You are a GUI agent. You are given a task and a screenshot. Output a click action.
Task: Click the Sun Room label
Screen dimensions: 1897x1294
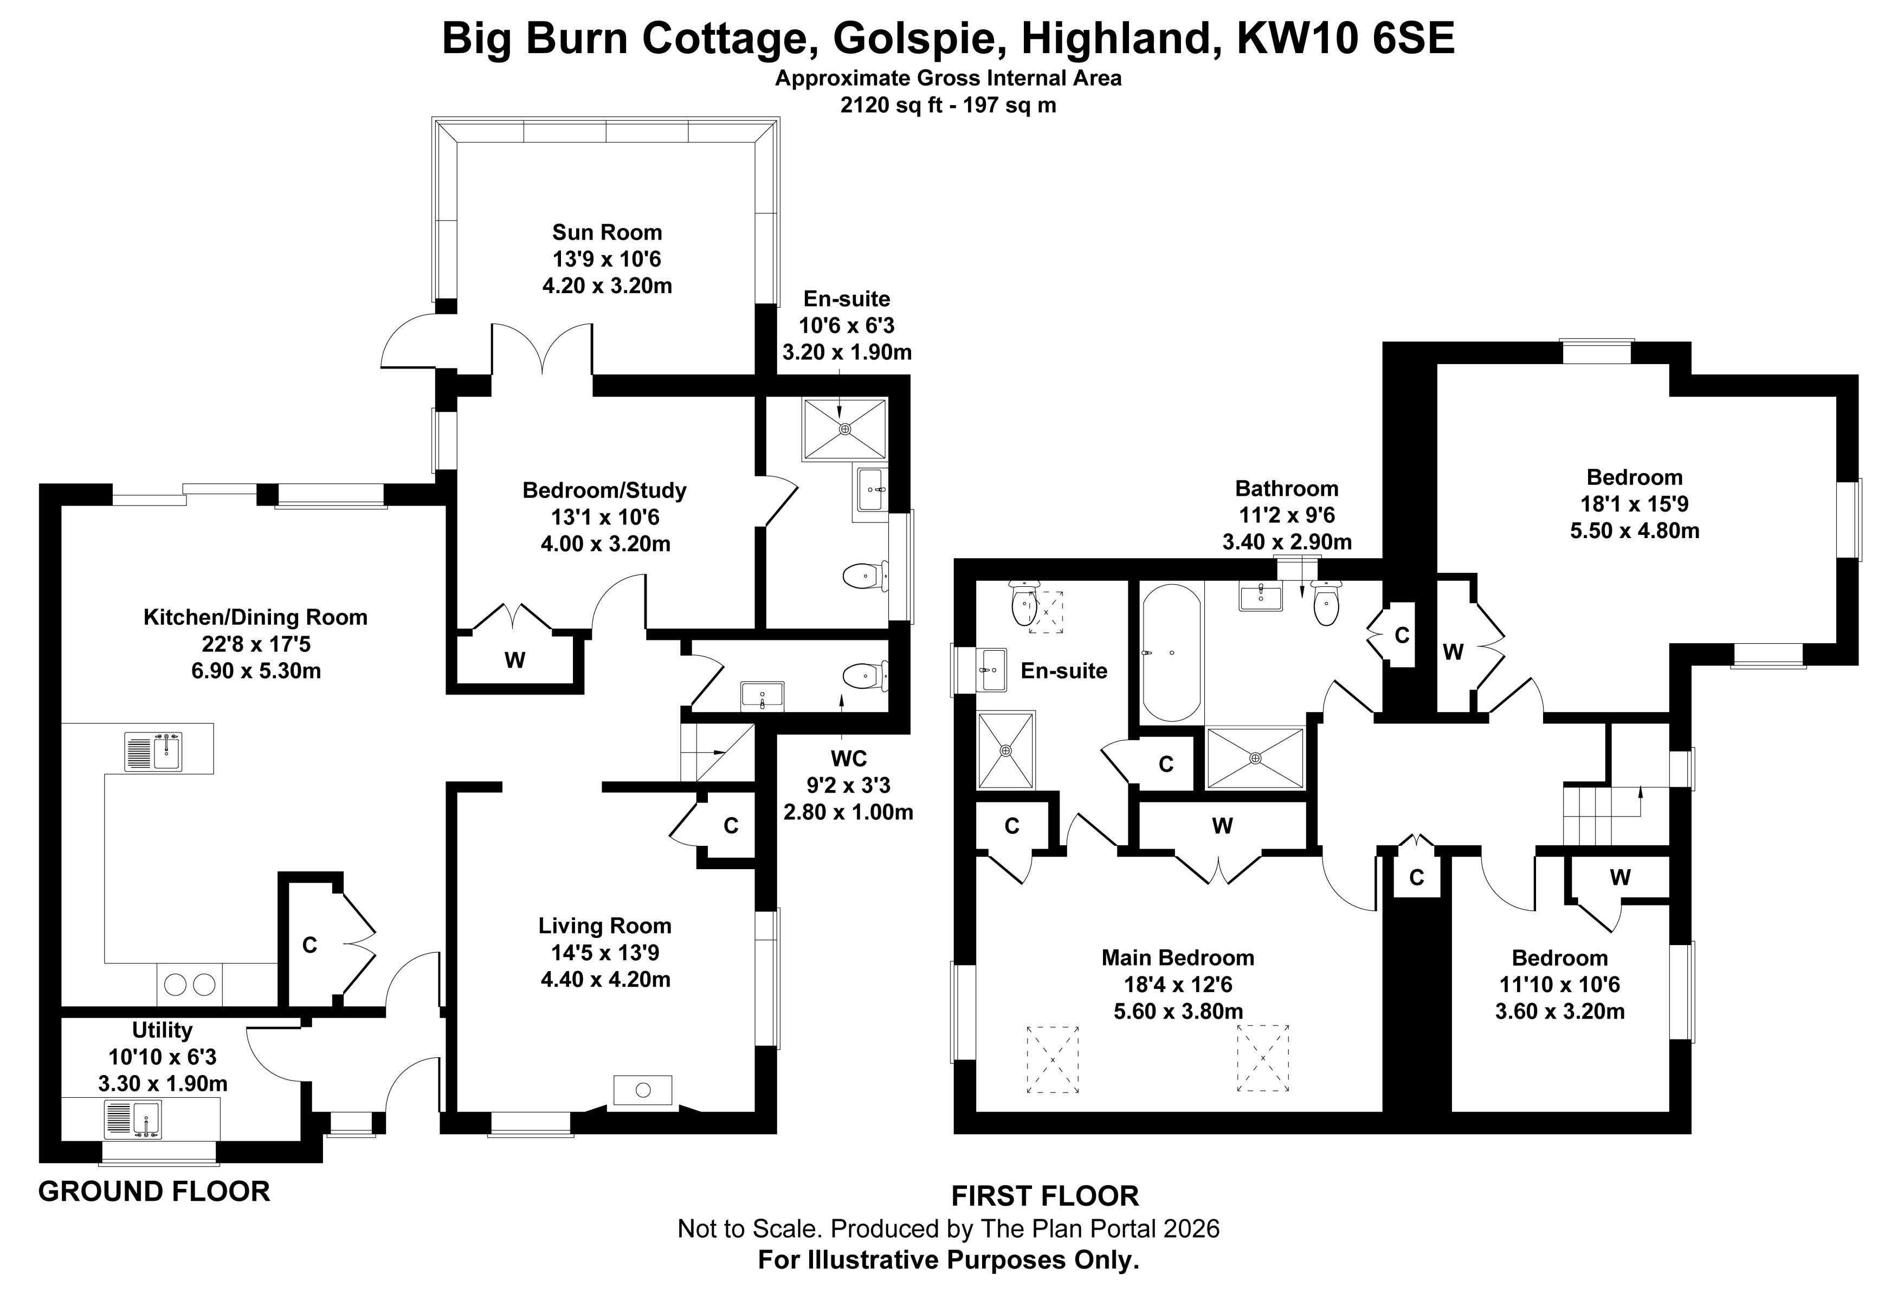(x=606, y=232)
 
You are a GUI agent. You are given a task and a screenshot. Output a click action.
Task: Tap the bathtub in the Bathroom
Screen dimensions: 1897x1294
(x=1171, y=653)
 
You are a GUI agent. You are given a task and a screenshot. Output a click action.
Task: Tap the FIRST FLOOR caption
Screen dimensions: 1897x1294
(x=1045, y=1196)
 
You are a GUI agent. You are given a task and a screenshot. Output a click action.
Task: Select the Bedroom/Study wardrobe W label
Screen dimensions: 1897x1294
(x=514, y=660)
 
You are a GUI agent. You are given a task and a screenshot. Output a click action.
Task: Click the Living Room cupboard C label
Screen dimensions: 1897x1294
(x=731, y=826)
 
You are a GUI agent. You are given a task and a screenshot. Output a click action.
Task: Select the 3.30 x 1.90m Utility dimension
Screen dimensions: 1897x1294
(x=163, y=1084)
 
